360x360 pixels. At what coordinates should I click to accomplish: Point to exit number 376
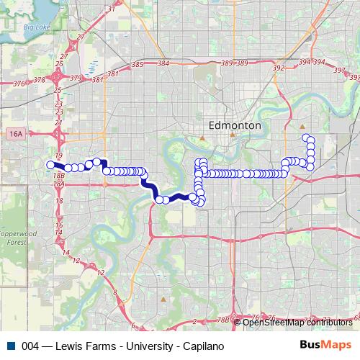point(19,84)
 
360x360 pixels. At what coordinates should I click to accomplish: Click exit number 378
point(40,81)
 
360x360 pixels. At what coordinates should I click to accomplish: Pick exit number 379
point(76,77)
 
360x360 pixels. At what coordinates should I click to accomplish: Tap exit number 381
point(112,73)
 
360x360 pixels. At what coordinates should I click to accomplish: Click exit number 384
point(163,63)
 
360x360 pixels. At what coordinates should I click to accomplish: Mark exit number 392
point(279,68)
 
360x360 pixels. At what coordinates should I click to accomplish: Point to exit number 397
point(339,71)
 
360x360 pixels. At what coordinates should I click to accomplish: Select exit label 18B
point(59,174)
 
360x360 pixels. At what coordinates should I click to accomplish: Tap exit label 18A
point(59,184)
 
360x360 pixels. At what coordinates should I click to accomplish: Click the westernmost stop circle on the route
point(51,165)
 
